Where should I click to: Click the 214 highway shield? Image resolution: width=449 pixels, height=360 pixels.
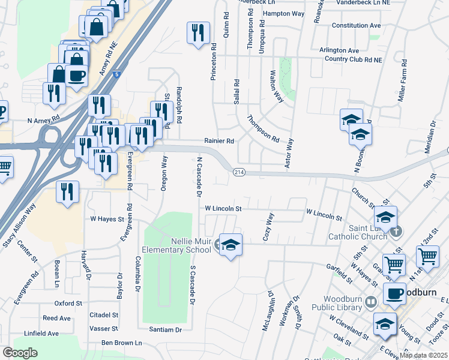pos(238,173)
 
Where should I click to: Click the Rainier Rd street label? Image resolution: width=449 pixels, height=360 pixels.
pos(220,141)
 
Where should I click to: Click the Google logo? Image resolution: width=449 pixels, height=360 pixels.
pos(20,353)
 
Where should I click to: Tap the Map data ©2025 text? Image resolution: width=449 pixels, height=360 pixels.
pos(423,355)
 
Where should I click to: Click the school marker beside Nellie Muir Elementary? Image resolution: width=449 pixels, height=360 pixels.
pos(231,246)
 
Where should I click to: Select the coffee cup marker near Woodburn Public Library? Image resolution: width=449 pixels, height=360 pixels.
pos(394,294)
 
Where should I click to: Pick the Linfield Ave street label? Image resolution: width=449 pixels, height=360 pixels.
pos(41,333)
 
